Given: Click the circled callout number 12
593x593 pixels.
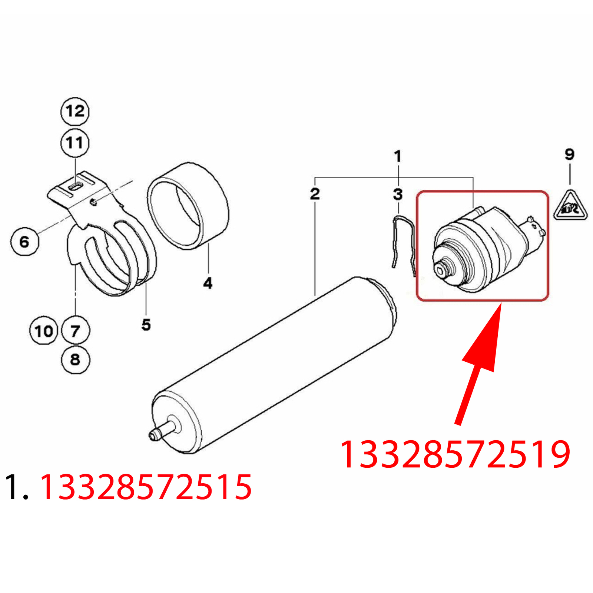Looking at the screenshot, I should point(75,111).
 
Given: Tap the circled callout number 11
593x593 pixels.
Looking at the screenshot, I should point(75,143).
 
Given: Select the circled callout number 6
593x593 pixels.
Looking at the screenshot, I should point(24,242).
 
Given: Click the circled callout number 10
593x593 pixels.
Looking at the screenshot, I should point(44,331).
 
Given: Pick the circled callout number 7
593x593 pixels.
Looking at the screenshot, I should point(75,331).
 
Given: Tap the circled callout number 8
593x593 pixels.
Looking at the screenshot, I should point(75,360).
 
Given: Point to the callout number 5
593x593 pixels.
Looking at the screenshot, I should point(146,325).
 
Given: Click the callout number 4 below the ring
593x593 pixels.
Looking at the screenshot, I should point(208,283).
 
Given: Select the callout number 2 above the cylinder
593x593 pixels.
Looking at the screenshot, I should point(315,193).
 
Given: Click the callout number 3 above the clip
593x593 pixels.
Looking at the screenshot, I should point(398,194).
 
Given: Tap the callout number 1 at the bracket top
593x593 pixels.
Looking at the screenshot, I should point(398,156).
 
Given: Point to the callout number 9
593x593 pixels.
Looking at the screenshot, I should point(570,154).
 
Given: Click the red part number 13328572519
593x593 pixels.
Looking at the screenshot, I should point(455,455).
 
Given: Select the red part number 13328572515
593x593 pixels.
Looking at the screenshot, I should point(146,487).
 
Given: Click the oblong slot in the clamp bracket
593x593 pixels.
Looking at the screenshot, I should point(76,186).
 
